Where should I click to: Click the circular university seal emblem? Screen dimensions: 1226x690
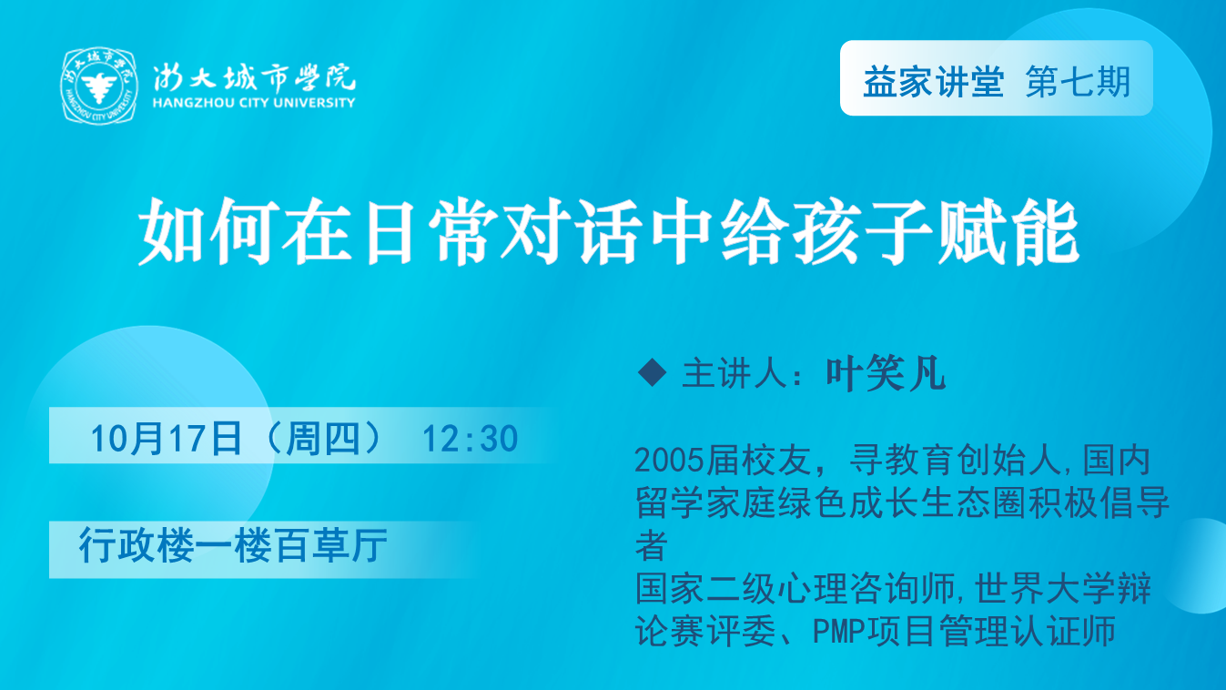(99, 86)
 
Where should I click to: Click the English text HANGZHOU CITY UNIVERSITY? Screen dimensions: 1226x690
(254, 103)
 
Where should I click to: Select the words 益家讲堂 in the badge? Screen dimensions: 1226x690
(934, 82)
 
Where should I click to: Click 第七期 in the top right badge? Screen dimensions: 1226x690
(1078, 82)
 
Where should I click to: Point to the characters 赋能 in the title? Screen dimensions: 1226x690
(1008, 232)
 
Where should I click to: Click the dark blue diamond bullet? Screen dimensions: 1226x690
(653, 373)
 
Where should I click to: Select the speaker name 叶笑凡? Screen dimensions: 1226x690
(886, 374)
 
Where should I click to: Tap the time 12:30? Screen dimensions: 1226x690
(470, 438)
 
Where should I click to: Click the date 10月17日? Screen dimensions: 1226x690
(166, 438)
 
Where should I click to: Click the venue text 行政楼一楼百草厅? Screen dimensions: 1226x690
(233, 545)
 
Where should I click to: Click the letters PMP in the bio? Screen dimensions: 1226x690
(839, 631)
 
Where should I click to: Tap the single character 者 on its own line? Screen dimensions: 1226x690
(652, 545)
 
